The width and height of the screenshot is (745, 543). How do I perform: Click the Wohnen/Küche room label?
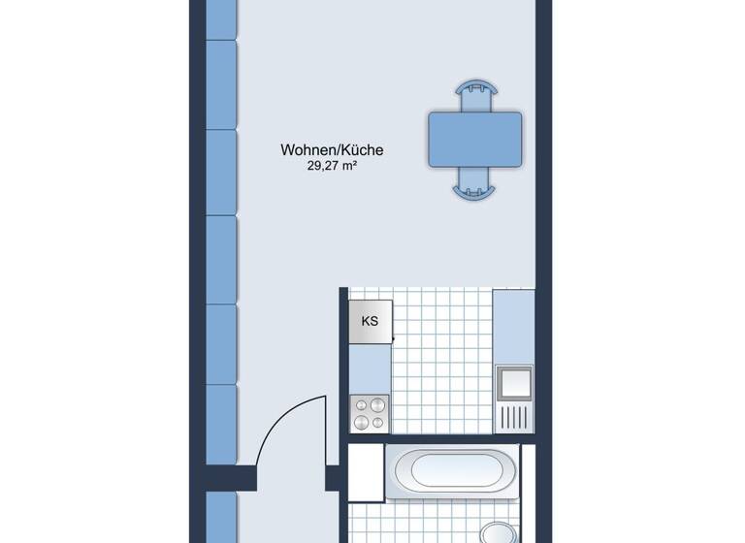332,150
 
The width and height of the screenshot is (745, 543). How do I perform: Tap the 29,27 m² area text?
332,166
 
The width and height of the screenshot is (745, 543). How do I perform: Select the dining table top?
474,138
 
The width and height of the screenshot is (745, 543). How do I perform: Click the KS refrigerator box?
370,321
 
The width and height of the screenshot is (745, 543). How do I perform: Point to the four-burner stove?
369,414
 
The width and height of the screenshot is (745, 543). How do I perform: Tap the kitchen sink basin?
513,383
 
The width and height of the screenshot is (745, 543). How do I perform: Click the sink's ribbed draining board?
513,417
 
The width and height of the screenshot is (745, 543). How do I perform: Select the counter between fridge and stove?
369,369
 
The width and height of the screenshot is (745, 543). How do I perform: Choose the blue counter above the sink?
513,326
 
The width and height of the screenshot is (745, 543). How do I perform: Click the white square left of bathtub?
366,472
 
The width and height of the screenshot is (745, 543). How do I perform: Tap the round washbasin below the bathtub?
497,534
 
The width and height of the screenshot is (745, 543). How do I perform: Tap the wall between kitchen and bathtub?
441,439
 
